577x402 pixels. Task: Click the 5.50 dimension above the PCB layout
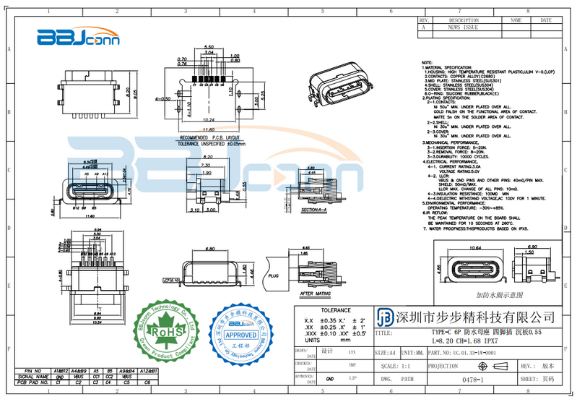click(x=209, y=46)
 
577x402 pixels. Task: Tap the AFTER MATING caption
click(x=315, y=294)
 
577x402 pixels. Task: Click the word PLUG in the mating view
click(x=273, y=275)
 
